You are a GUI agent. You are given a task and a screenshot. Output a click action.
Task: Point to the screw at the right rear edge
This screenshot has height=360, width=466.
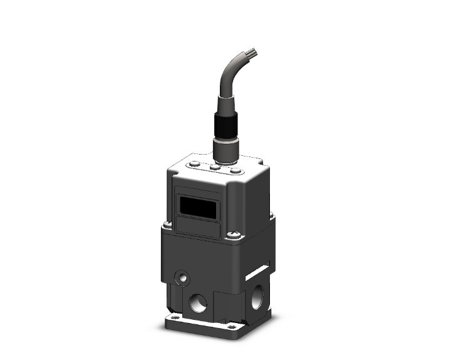coord(271,216)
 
